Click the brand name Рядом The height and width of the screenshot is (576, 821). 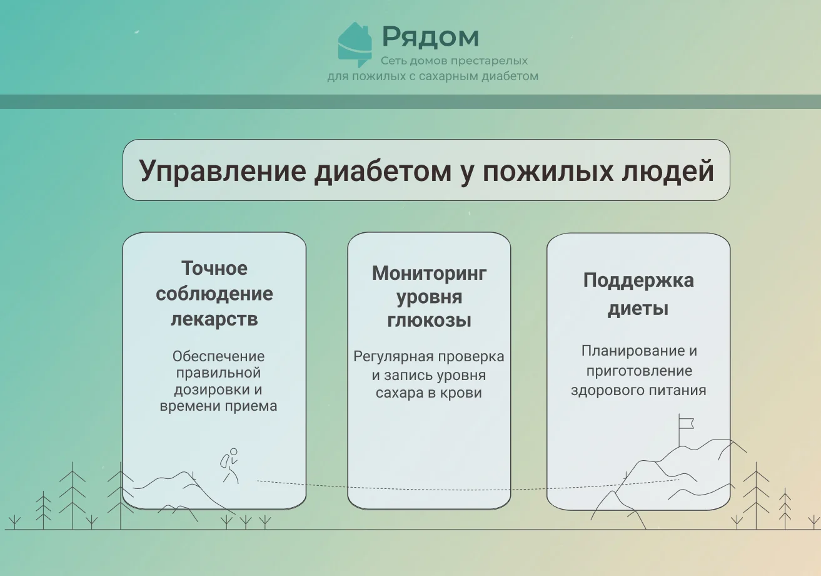431,37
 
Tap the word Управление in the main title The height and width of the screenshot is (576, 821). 223,172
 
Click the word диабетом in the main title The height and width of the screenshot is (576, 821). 383,172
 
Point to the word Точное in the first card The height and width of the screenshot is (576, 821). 214,268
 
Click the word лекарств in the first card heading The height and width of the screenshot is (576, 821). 214,319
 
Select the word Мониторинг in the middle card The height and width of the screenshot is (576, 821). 429,274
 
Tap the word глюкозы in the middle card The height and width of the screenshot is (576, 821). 429,321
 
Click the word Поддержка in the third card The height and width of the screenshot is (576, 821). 638,281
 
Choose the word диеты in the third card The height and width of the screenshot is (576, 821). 638,308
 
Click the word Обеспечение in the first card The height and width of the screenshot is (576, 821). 218,356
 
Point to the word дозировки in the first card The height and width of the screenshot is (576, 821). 209,389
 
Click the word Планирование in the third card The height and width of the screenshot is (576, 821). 630,351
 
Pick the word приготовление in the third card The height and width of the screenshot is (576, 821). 639,371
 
